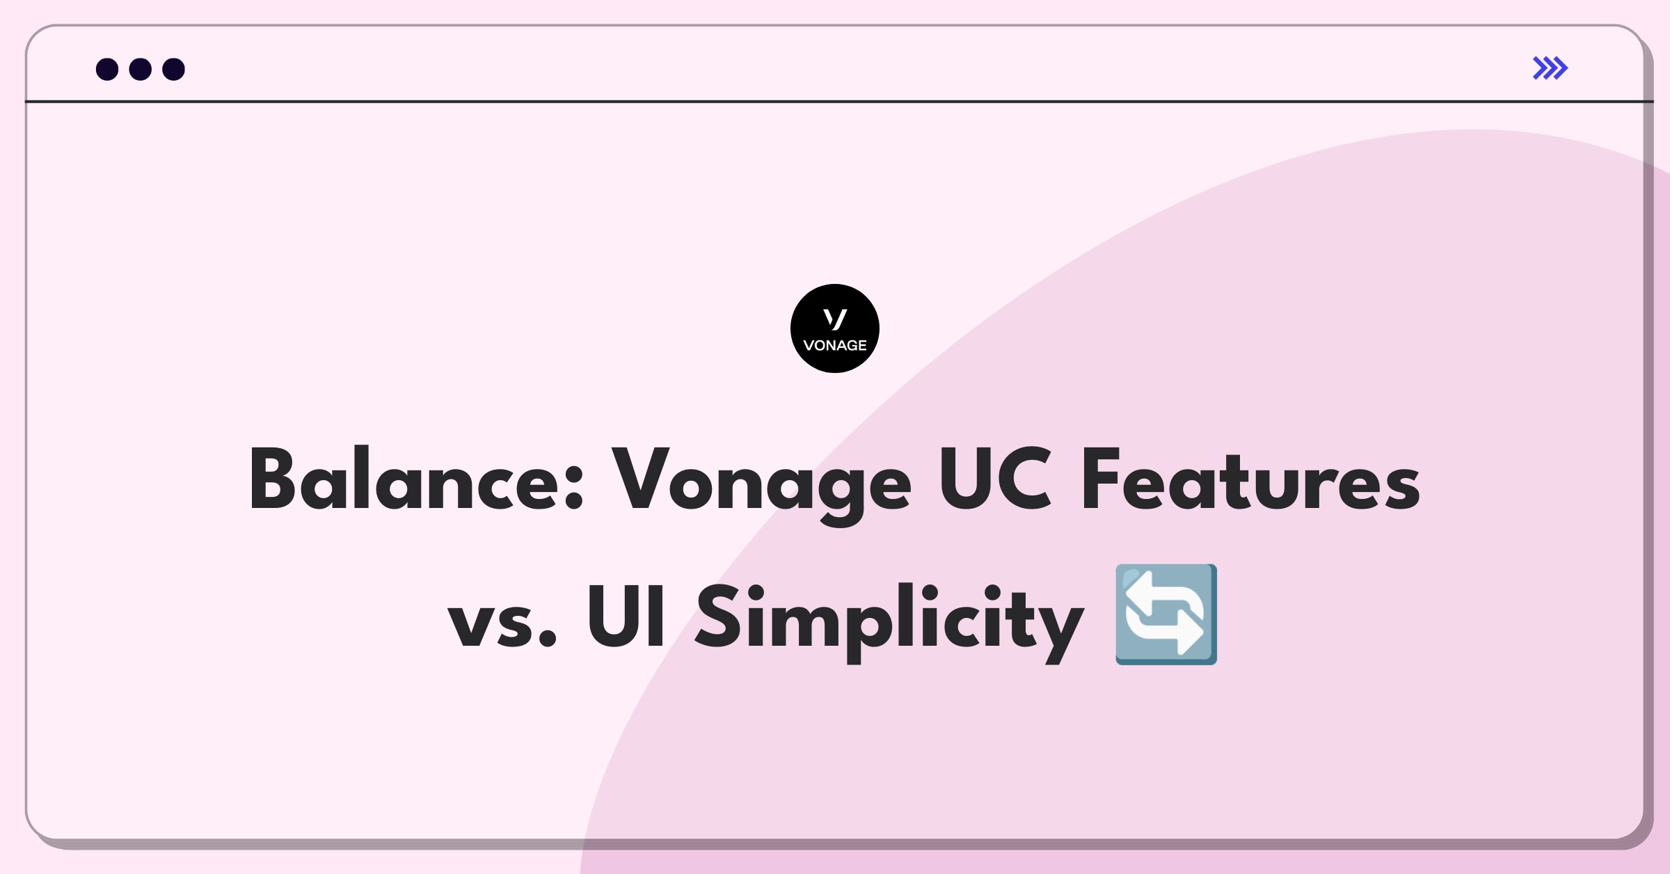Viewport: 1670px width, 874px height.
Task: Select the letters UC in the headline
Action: point(995,478)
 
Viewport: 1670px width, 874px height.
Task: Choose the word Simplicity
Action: point(890,621)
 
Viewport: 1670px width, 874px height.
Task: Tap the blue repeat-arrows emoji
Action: point(1166,614)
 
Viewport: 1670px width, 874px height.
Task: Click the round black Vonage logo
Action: point(835,328)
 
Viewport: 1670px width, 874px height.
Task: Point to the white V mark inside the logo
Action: point(835,319)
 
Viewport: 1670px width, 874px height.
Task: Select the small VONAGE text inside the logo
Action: point(835,345)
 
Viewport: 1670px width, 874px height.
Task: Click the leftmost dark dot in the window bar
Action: point(107,69)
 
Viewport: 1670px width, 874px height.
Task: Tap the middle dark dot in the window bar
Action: point(141,69)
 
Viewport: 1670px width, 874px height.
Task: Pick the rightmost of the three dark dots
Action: point(174,69)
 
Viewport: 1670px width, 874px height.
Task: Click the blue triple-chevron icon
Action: point(1550,67)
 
